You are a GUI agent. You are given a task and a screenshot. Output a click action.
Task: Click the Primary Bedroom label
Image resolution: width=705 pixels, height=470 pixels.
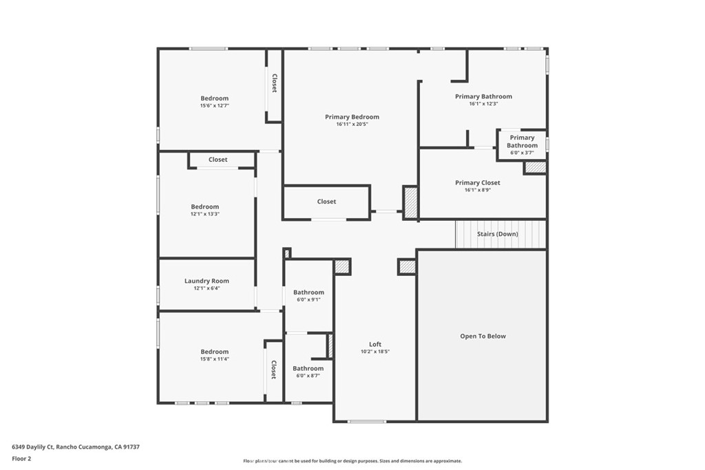352,117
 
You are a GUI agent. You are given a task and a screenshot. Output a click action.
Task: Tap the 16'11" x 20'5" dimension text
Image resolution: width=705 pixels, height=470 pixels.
352,125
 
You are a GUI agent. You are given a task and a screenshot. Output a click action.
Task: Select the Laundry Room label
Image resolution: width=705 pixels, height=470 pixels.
207,281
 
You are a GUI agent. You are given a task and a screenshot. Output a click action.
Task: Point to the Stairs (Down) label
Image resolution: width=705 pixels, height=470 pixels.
497,234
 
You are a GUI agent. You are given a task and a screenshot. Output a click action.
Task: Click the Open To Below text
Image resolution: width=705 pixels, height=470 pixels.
483,336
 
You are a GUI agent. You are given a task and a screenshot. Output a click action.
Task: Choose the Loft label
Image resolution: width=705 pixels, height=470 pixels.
375,344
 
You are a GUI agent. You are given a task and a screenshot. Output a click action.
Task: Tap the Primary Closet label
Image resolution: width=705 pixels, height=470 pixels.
478,182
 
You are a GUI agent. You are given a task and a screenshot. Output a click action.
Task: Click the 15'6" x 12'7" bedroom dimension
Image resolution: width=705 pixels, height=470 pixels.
215,105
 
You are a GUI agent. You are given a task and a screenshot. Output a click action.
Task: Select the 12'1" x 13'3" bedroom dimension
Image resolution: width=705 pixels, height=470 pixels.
204,214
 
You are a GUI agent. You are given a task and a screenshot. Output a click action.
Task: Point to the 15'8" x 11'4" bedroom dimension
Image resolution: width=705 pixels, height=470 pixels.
215,359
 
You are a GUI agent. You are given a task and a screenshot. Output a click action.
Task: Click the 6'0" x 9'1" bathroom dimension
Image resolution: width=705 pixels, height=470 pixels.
308,300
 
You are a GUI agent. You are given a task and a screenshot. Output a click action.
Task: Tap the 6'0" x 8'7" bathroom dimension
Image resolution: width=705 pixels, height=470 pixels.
308,376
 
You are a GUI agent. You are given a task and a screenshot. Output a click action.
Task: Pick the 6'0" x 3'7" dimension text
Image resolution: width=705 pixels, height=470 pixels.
522,153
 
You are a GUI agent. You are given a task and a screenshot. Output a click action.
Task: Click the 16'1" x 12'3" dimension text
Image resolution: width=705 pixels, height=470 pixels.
483,104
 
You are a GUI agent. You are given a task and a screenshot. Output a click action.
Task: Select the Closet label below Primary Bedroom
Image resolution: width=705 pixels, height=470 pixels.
326,202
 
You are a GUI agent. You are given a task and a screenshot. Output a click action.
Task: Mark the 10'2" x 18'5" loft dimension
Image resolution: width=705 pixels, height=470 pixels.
375,352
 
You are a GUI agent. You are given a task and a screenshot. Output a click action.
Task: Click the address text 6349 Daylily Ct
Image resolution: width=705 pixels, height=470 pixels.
32,447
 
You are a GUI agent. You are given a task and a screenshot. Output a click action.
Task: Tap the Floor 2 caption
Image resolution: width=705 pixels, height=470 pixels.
21,459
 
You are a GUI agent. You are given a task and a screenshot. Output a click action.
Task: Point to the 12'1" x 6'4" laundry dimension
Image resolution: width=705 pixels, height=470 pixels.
207,288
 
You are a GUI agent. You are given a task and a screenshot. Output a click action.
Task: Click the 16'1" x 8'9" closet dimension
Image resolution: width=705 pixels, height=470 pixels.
478,190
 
